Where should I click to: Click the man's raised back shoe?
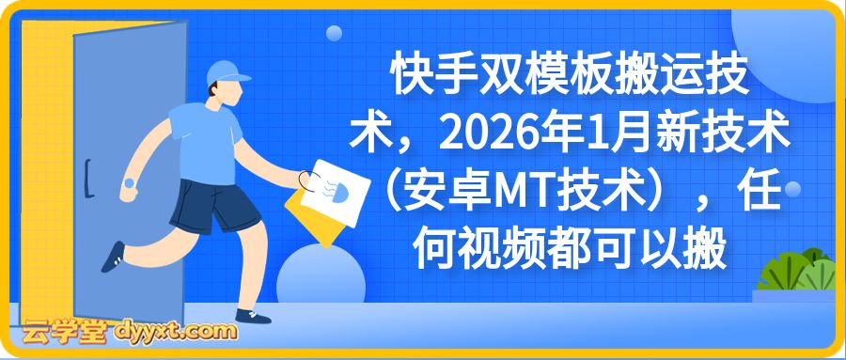click(113, 254)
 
